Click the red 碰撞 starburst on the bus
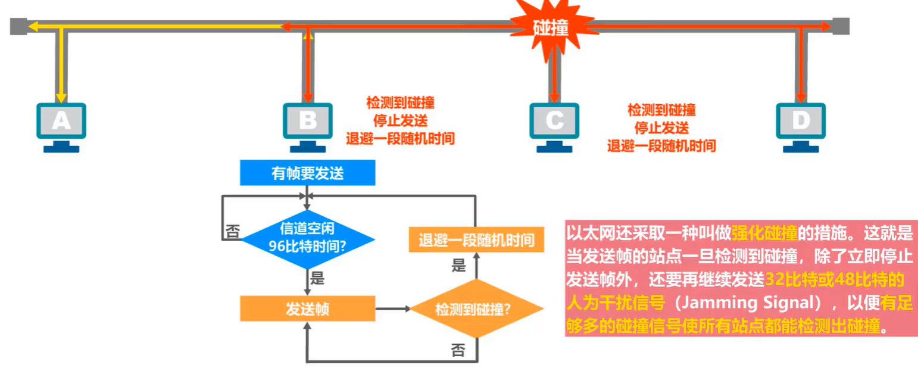tap(551, 27)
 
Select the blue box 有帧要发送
tap(307, 173)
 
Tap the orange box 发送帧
tap(307, 309)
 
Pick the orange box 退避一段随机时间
tap(476, 241)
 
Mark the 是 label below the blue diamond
tap(317, 277)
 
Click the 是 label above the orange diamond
tap(458, 266)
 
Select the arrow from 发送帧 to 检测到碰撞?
tap(393, 309)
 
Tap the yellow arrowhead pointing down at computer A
tap(61, 98)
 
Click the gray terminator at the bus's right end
tap(841, 26)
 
